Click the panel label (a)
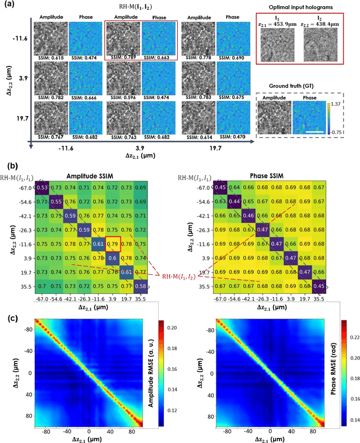pyautogui.click(x=9, y=6)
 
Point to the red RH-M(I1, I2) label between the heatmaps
pyautogui.click(x=184, y=276)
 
